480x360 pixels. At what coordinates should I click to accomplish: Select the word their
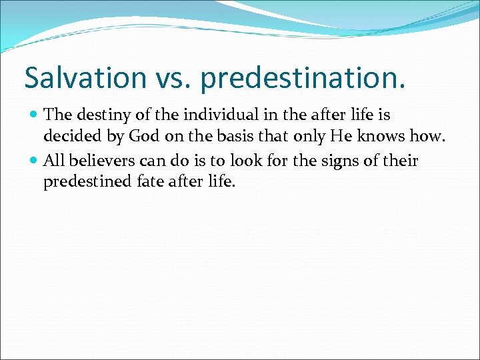(400, 160)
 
